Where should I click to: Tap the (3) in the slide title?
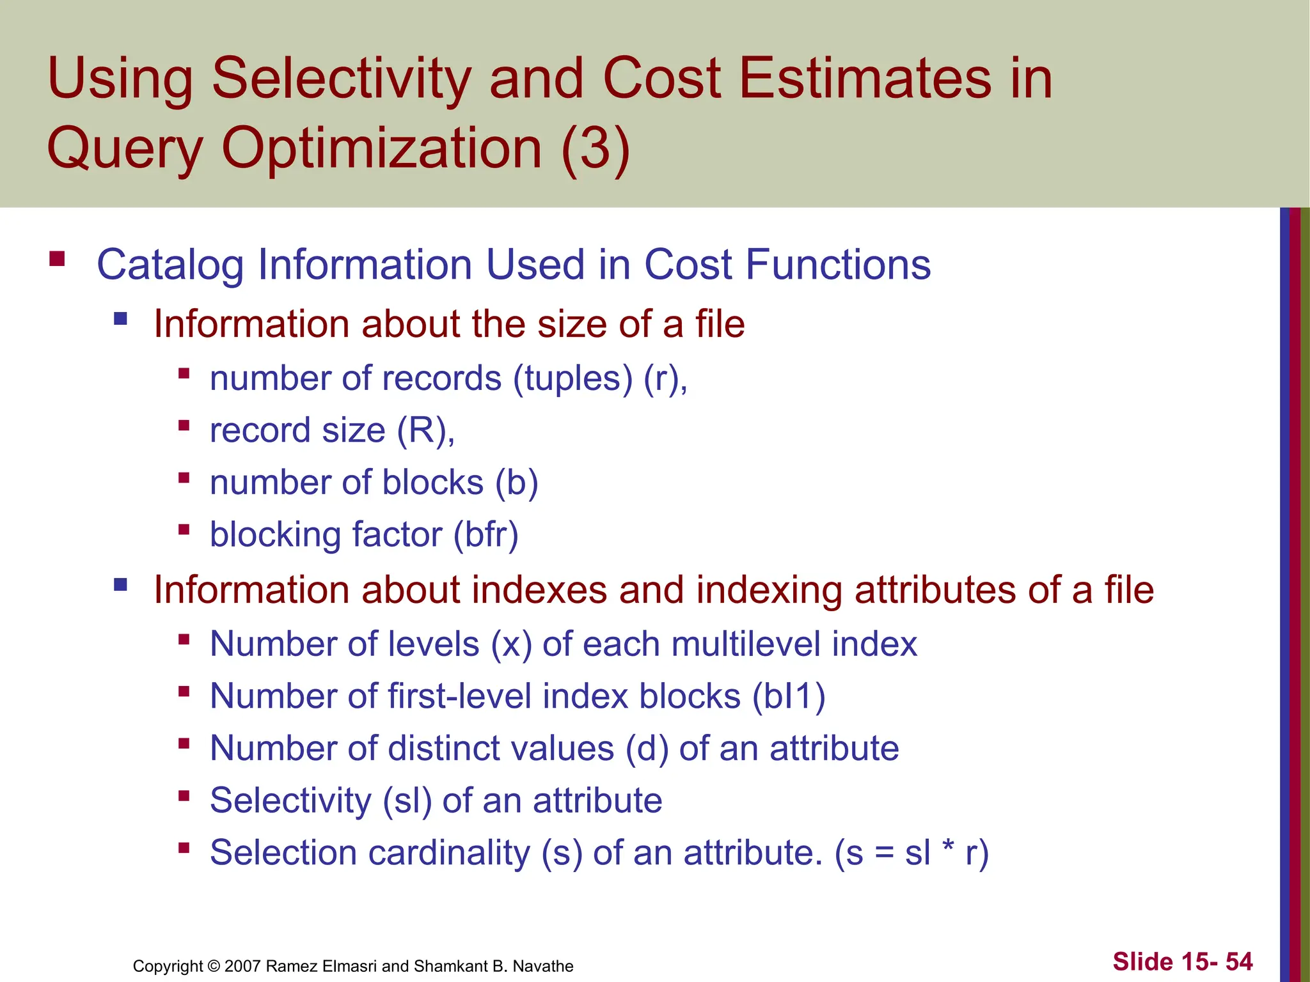[596, 148]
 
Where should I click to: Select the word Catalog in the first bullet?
[170, 265]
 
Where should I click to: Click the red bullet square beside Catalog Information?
[57, 259]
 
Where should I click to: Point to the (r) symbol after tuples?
[661, 378]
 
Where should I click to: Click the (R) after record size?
[422, 430]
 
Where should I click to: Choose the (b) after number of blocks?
[517, 483]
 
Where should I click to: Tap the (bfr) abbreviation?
[486, 535]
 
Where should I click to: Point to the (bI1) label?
[789, 696]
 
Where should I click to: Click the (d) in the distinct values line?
[647, 749]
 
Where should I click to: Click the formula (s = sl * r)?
[912, 853]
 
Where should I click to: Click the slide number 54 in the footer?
[1239, 962]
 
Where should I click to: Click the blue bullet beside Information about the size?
[120, 318]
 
